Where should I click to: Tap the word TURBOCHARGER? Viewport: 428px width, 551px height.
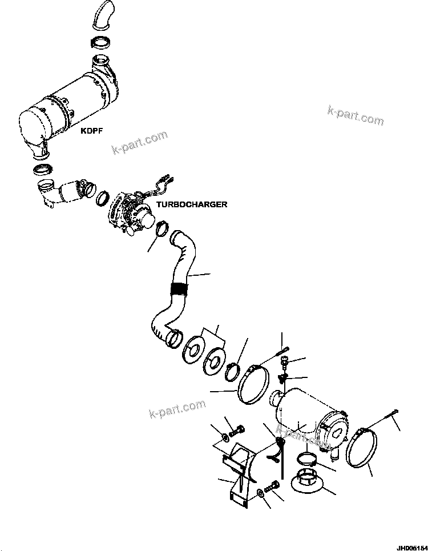pyautogui.click(x=184, y=204)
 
